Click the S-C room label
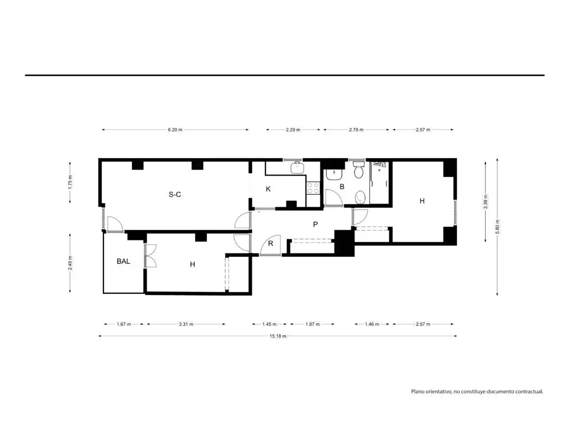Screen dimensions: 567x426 click(175, 194)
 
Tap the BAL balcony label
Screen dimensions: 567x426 click(123, 261)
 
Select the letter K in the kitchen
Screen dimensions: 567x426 click(268, 189)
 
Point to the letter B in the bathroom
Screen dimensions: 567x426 click(342, 186)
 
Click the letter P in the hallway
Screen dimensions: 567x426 click(315, 224)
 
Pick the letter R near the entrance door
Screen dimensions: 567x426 click(271, 243)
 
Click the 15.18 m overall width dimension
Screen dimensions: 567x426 click(278, 336)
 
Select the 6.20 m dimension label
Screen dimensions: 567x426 click(175, 130)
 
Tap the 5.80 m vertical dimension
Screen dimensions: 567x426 click(497, 227)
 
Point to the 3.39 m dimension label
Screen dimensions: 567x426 click(485, 201)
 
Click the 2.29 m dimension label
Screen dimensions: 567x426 click(293, 130)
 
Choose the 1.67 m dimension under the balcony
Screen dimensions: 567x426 click(124, 324)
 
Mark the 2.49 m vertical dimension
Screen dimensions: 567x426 click(70, 263)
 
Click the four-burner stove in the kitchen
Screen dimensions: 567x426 click(313, 188)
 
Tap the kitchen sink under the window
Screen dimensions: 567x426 click(297, 168)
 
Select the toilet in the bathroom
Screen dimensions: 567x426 click(358, 170)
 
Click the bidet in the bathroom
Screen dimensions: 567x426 click(360, 197)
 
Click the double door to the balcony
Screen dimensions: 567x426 click(151, 256)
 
